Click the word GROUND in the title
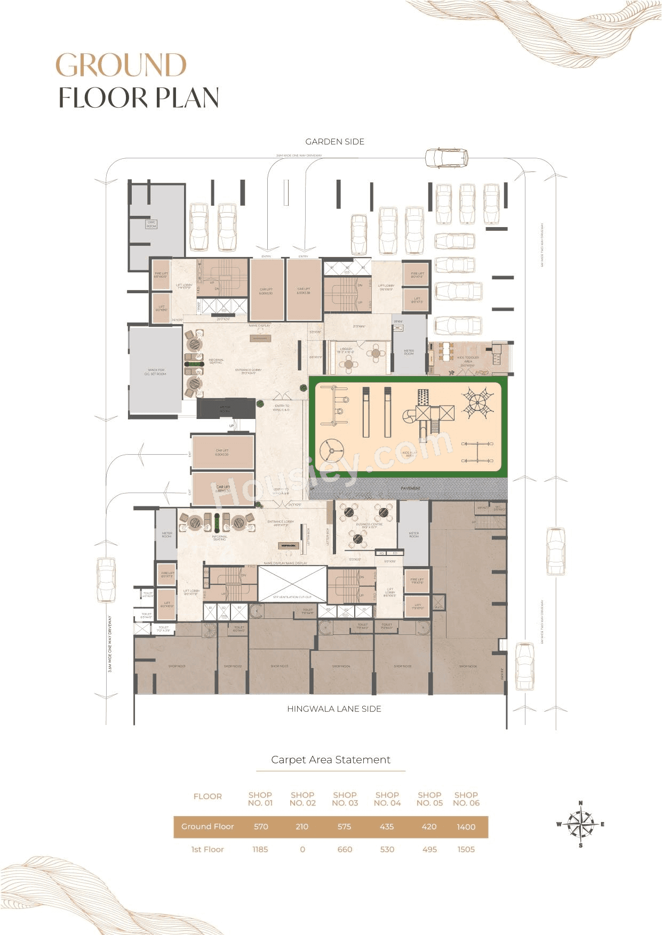(121, 65)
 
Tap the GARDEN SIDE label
(334, 142)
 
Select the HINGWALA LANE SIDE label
(334, 709)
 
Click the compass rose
(580, 824)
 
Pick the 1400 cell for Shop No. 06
(466, 827)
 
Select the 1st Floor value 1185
(260, 850)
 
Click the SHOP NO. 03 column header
(345, 799)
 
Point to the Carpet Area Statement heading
(331, 760)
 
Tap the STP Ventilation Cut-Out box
(292, 584)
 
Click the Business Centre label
(369, 525)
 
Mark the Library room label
(346, 350)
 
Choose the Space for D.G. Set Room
(155, 372)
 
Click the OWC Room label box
(151, 224)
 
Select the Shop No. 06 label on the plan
(468, 666)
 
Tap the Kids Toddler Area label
(468, 359)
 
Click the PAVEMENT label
(410, 488)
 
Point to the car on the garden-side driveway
(446, 158)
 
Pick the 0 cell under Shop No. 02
(302, 850)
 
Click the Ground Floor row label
(208, 827)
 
